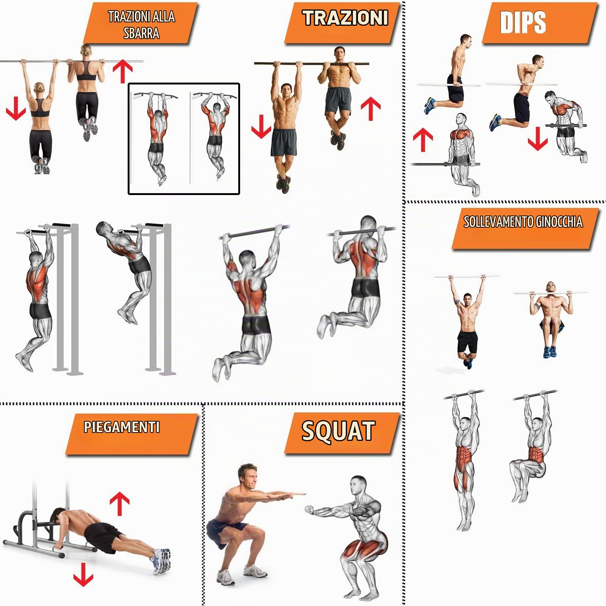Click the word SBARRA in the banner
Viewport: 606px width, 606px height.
pos(141,33)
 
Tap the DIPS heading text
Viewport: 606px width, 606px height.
pos(523,22)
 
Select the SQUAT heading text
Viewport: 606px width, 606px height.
pos(338,431)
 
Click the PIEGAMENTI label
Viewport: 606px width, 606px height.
pos(122,427)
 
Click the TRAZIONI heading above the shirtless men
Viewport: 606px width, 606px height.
pos(345,18)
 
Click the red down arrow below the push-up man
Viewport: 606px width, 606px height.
pos(83,574)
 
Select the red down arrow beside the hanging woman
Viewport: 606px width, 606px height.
pos(16,108)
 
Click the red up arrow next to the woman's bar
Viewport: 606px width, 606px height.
pos(123,71)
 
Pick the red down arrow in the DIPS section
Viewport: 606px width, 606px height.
pos(537,139)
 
